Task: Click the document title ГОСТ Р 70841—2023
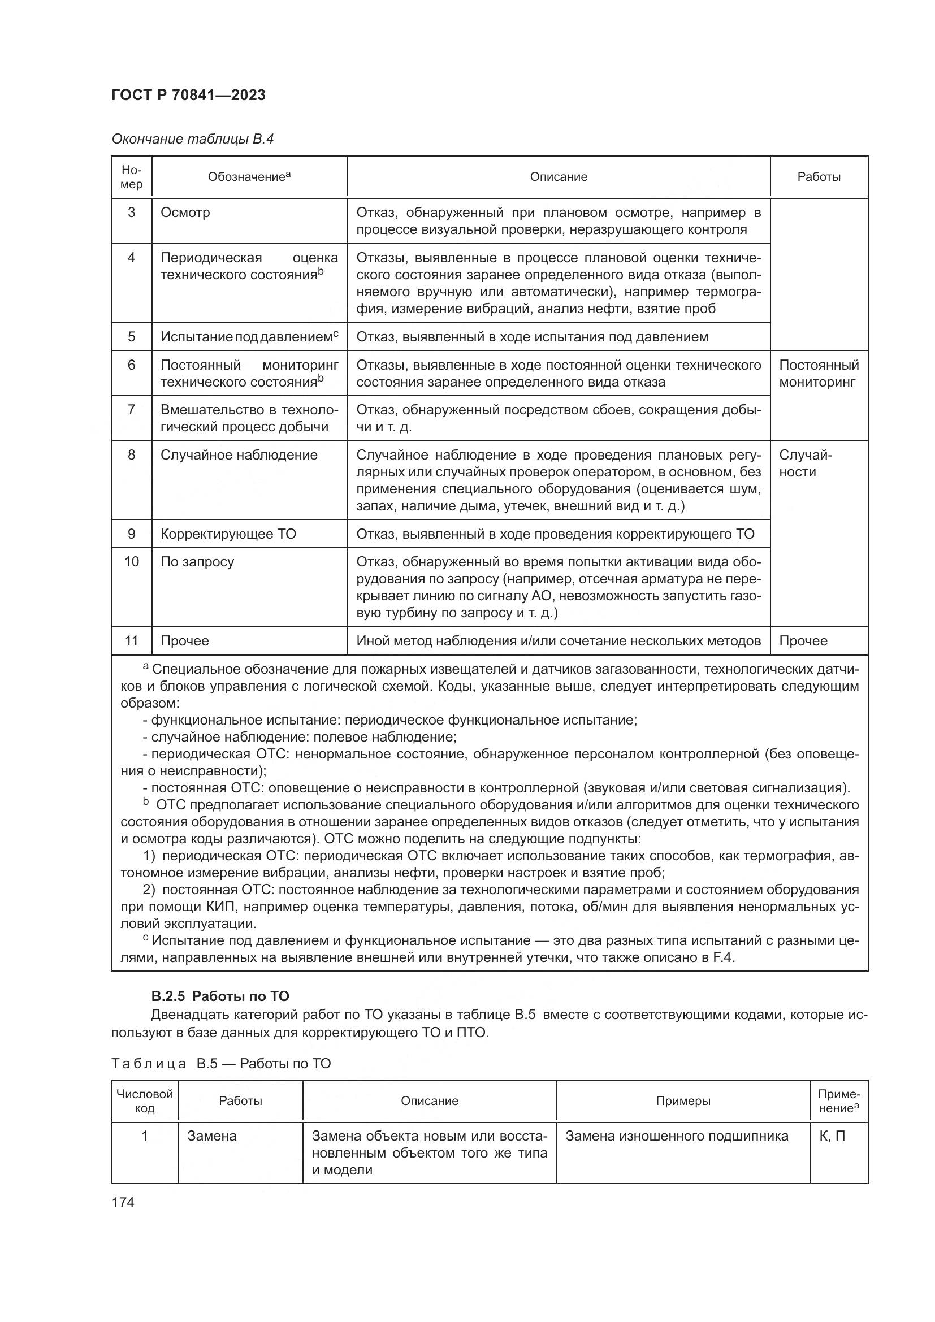(188, 95)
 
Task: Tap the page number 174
(123, 1202)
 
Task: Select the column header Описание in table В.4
(558, 177)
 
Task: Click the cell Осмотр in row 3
(185, 213)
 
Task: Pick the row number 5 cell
(131, 337)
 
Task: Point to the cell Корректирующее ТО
(228, 534)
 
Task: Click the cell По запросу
(197, 561)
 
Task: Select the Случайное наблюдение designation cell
(239, 455)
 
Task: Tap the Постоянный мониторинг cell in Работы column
(818, 374)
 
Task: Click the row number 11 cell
(131, 641)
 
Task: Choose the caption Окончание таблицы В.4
(192, 139)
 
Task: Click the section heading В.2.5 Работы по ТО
(220, 996)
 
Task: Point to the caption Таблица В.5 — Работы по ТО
(221, 1064)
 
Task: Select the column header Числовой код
(145, 1101)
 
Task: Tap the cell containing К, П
(832, 1136)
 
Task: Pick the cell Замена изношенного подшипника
(677, 1136)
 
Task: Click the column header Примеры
(683, 1101)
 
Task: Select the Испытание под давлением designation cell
(249, 337)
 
